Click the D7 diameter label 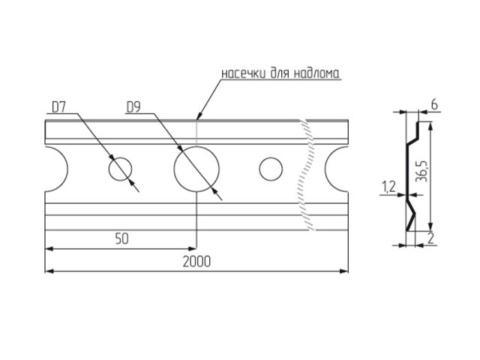pos(60,108)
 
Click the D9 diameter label pos(134,108)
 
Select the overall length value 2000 pos(196,261)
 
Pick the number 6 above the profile pos(434,106)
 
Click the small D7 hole pos(120,169)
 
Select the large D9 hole pos(196,169)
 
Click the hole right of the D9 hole pos(271,169)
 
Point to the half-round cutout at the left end pos(54,169)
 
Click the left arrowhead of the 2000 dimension pos(49,269)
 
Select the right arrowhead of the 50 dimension pos(193,247)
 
